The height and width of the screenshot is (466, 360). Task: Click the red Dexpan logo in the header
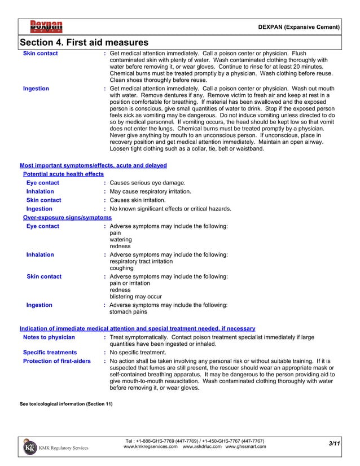click(46, 27)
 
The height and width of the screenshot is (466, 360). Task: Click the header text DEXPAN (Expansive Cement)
click(298, 27)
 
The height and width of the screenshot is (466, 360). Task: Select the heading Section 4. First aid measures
click(84, 43)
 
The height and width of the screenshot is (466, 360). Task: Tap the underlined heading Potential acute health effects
click(63, 174)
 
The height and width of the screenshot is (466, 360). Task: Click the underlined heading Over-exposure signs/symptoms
click(67, 217)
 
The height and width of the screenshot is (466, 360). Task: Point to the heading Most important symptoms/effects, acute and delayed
click(93, 166)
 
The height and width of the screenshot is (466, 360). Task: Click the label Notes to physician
click(49, 337)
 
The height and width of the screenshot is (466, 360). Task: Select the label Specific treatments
click(50, 352)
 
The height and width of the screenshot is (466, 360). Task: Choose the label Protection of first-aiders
click(56, 361)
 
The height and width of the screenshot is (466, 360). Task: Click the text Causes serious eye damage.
click(147, 183)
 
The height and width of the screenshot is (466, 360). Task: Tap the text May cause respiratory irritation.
click(150, 192)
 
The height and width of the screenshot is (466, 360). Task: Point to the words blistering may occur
click(135, 296)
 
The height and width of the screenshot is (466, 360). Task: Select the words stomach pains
click(128, 311)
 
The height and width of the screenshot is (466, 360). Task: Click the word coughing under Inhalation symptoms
click(121, 268)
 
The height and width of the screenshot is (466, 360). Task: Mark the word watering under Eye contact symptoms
click(120, 239)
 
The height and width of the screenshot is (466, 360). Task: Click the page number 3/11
click(333, 445)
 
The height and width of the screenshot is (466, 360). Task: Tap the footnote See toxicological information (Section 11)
click(66, 403)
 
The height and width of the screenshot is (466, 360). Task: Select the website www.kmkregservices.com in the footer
click(151, 446)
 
